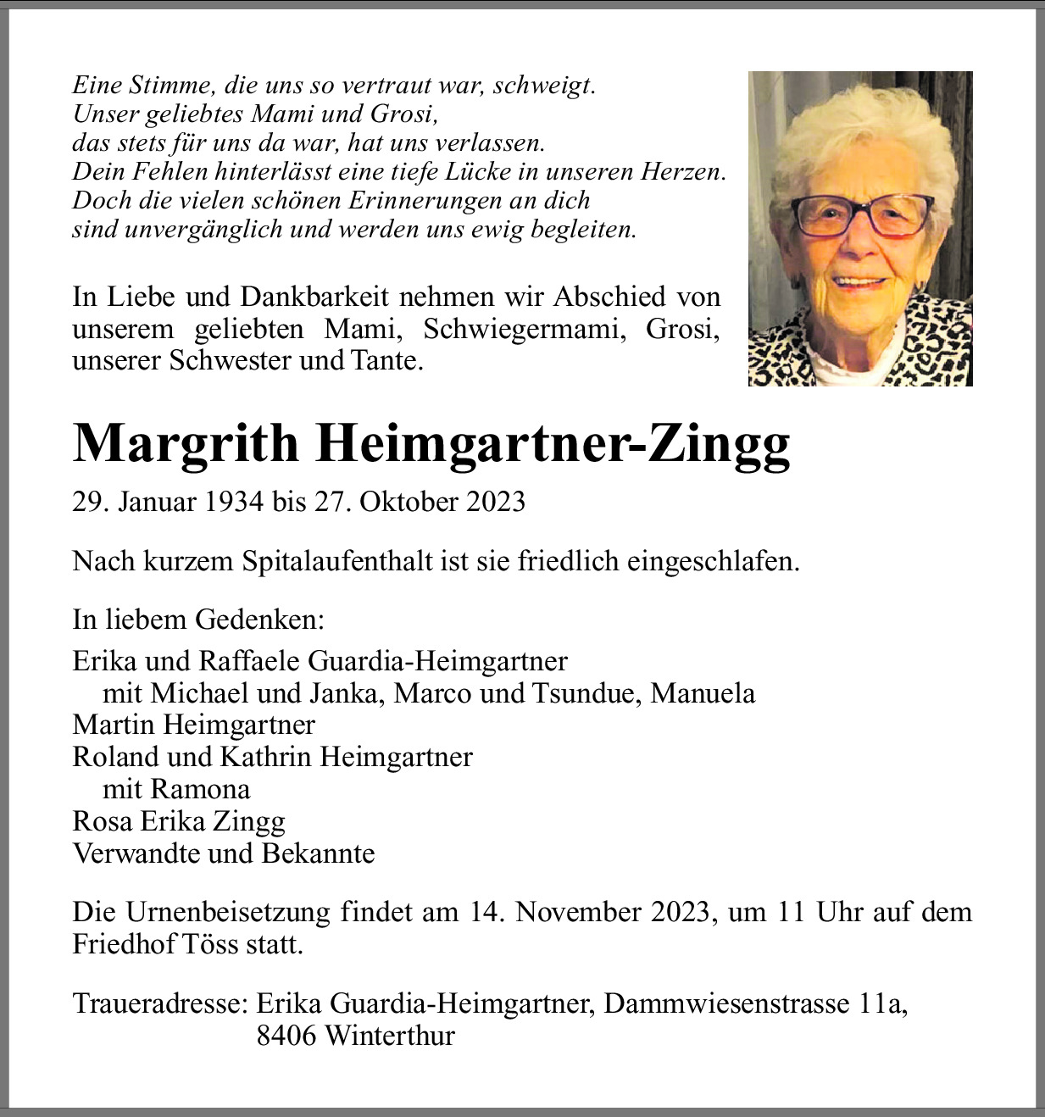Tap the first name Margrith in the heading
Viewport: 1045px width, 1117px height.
pyautogui.click(x=186, y=443)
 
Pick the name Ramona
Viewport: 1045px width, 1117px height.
pyautogui.click(x=200, y=789)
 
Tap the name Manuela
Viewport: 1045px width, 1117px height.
pyautogui.click(x=703, y=693)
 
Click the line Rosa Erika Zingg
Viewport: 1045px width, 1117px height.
pyautogui.click(x=179, y=821)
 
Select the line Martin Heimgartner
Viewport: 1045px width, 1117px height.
pyautogui.click(x=194, y=725)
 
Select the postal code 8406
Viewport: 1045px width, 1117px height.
pyautogui.click(x=286, y=1036)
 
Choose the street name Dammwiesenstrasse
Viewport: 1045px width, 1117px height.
pyautogui.click(x=726, y=1003)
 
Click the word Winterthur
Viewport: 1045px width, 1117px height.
pyautogui.click(x=389, y=1036)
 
